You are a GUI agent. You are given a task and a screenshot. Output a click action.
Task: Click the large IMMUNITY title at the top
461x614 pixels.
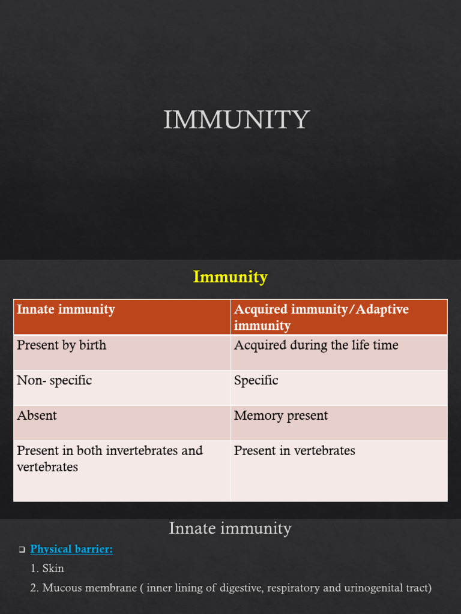point(237,119)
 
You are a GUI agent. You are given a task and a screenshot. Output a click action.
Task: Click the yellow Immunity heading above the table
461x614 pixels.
point(230,277)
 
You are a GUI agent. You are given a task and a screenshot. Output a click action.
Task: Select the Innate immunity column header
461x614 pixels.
point(122,317)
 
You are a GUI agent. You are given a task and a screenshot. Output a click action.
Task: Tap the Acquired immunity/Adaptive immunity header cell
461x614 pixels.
point(339,317)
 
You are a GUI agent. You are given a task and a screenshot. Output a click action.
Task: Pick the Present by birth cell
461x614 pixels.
point(122,353)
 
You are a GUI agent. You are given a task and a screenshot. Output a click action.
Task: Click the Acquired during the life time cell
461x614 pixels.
point(339,353)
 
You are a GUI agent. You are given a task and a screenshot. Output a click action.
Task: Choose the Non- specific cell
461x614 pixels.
point(122,388)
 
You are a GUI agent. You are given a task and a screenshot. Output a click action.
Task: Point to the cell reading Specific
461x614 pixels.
point(339,388)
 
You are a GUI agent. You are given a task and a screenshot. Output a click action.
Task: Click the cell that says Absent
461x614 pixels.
point(122,423)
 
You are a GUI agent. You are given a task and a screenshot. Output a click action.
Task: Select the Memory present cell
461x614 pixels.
point(339,423)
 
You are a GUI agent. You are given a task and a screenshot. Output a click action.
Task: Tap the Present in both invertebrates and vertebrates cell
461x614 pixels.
point(122,471)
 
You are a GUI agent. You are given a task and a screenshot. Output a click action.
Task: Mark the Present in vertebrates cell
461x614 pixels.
point(339,471)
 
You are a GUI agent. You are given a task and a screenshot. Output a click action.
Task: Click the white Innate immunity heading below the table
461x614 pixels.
point(230,528)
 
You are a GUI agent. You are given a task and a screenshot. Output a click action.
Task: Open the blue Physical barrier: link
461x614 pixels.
point(71,549)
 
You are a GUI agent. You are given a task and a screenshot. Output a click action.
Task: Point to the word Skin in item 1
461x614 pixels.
point(53,568)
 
